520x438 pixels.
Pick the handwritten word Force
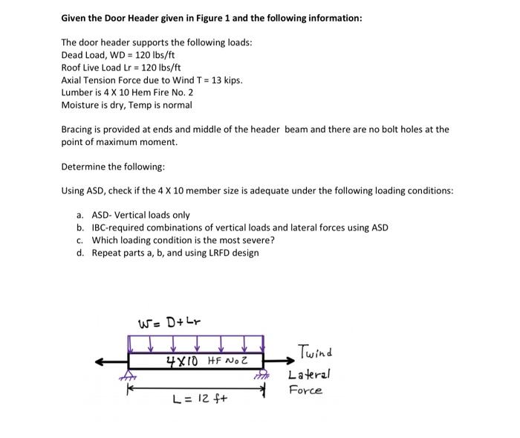tap(305, 390)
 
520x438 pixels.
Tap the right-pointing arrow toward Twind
tap(279, 362)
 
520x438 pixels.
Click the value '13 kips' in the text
tap(226, 80)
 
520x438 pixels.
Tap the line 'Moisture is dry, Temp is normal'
tap(126, 105)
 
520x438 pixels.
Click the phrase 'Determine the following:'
tap(108, 166)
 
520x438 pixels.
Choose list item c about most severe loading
tap(182, 240)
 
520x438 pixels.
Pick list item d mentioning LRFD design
tap(175, 253)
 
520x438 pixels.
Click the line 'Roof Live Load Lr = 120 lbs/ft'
tap(122, 68)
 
